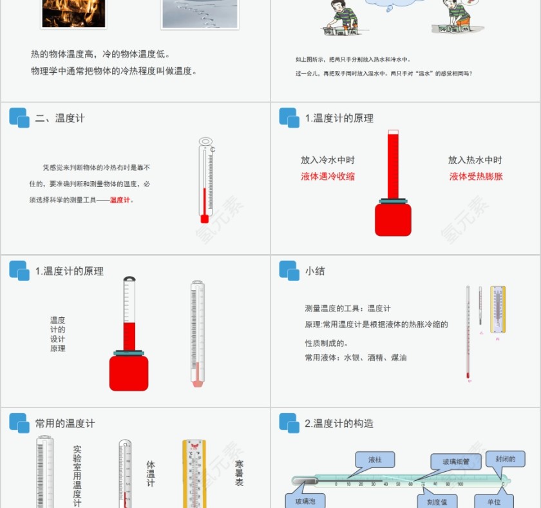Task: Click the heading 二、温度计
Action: (60, 118)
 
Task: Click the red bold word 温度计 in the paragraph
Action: (122, 200)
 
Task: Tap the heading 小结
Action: (315, 271)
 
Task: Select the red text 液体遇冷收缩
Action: (328, 176)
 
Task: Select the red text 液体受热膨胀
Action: (476, 176)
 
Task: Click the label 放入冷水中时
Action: (328, 160)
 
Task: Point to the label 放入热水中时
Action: (475, 160)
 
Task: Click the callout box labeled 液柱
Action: (375, 460)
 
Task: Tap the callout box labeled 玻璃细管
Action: (455, 462)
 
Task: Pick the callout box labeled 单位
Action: (494, 501)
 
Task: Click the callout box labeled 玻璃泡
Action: (305, 501)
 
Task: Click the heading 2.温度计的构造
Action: (339, 424)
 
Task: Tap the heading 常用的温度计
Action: (65, 424)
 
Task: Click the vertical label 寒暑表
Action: (240, 473)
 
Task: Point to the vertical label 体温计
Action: (151, 473)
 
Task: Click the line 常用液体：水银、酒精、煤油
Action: (356, 357)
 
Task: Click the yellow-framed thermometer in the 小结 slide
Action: (497, 309)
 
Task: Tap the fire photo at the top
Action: (73, 13)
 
